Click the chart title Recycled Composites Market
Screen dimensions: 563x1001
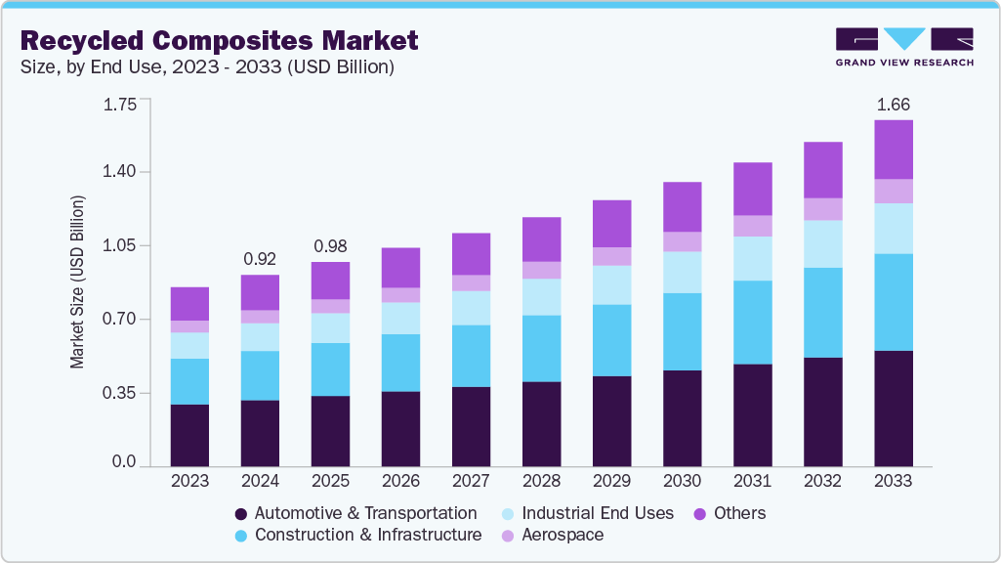[219, 40]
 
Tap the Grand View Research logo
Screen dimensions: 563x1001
[904, 47]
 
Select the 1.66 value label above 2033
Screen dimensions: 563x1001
[893, 105]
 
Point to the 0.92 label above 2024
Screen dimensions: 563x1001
[260, 259]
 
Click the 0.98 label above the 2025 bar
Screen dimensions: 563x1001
[330, 246]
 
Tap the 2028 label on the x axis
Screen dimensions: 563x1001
[541, 481]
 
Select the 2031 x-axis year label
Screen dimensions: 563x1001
[752, 481]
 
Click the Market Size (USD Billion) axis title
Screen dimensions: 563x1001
[77, 281]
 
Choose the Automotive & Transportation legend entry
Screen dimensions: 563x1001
[356, 513]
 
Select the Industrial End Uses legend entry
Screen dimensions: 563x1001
[587, 513]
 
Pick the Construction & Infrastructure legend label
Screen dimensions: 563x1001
[358, 535]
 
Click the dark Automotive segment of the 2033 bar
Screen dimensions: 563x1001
[893, 408]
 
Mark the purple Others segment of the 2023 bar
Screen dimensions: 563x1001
[189, 304]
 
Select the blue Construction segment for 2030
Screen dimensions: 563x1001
[682, 331]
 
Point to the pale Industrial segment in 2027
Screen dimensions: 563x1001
[471, 308]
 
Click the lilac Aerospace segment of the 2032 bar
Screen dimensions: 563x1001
[822, 209]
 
